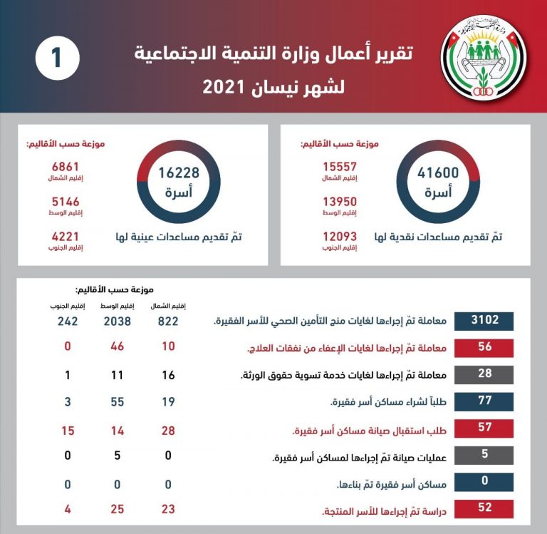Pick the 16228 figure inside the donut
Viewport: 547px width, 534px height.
pyautogui.click(x=179, y=173)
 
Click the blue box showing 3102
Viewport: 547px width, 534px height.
pyautogui.click(x=484, y=322)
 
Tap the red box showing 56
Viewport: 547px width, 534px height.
pyautogui.click(x=484, y=348)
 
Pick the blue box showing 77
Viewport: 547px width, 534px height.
pyautogui.click(x=484, y=401)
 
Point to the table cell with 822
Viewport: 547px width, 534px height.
pyautogui.click(x=169, y=322)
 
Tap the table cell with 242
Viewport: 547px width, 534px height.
pyautogui.click(x=68, y=322)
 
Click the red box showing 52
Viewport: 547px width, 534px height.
pyautogui.click(x=484, y=508)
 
